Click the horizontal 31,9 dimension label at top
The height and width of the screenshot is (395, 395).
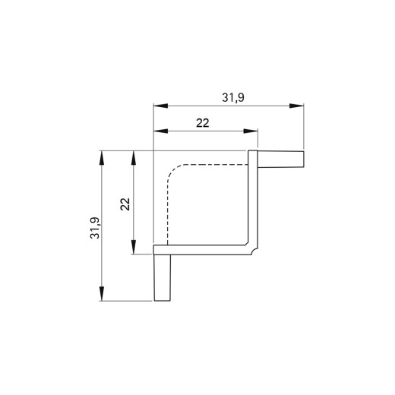[233, 98]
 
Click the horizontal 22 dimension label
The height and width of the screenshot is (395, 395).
[203, 123]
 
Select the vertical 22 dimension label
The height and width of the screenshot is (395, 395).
[125, 204]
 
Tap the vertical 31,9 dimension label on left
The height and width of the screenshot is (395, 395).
[95, 228]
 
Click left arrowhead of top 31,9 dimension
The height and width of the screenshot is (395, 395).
[160, 106]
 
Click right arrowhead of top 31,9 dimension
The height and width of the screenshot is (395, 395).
[296, 106]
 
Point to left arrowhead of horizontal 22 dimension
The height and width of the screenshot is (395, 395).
[160, 131]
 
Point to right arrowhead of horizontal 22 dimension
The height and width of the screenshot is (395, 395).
[251, 131]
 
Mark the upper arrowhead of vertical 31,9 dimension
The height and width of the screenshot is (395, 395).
[102, 158]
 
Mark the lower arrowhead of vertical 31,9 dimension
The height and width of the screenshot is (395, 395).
[102, 294]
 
